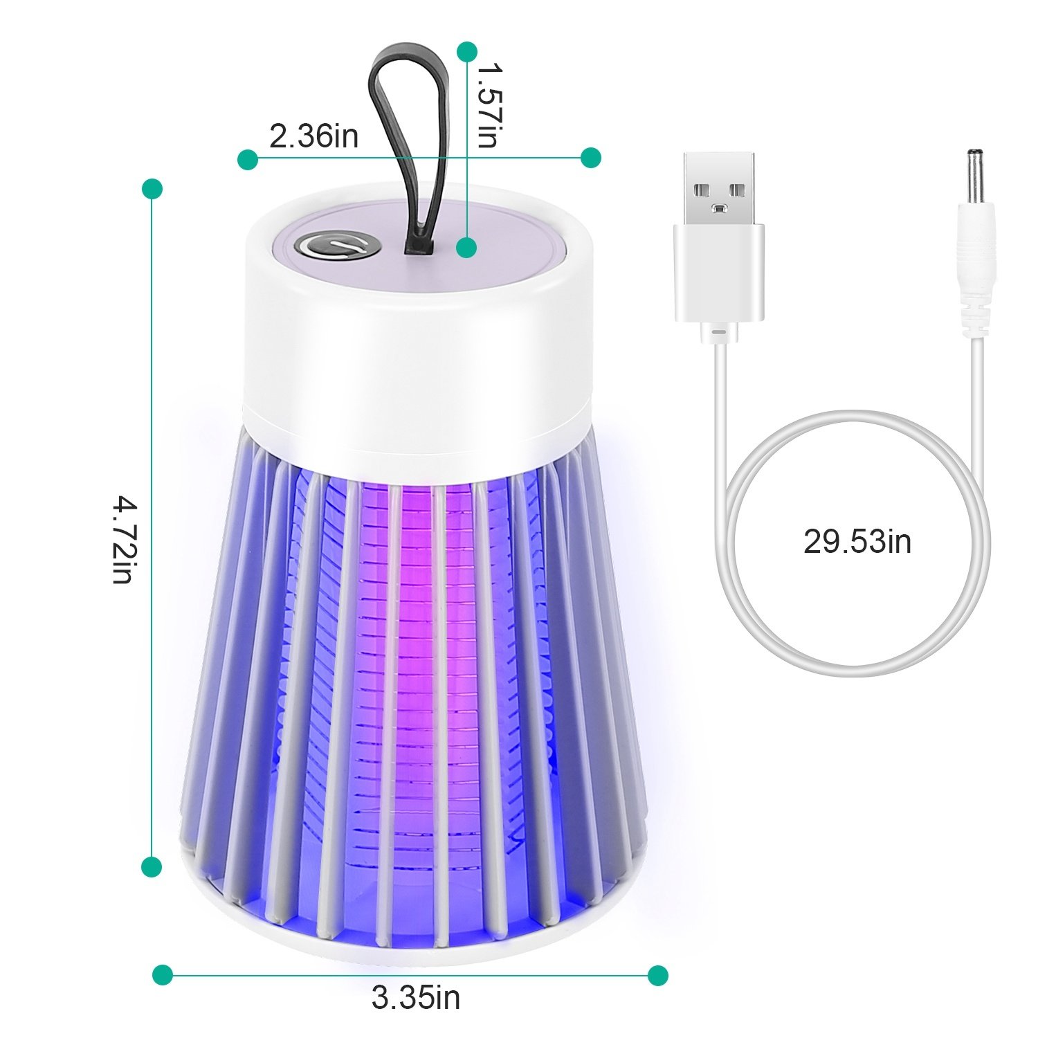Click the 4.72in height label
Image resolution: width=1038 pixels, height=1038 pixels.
[x=122, y=539]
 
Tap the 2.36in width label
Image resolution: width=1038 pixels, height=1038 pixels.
[x=313, y=136]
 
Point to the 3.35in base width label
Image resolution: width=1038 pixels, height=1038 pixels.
[x=416, y=998]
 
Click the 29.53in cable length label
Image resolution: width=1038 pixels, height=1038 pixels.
[x=857, y=541]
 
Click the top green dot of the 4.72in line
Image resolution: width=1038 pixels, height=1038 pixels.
[x=152, y=189]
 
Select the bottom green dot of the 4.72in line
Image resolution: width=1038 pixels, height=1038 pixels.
[x=152, y=866]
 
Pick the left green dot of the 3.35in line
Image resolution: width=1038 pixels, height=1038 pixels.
[x=163, y=975]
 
